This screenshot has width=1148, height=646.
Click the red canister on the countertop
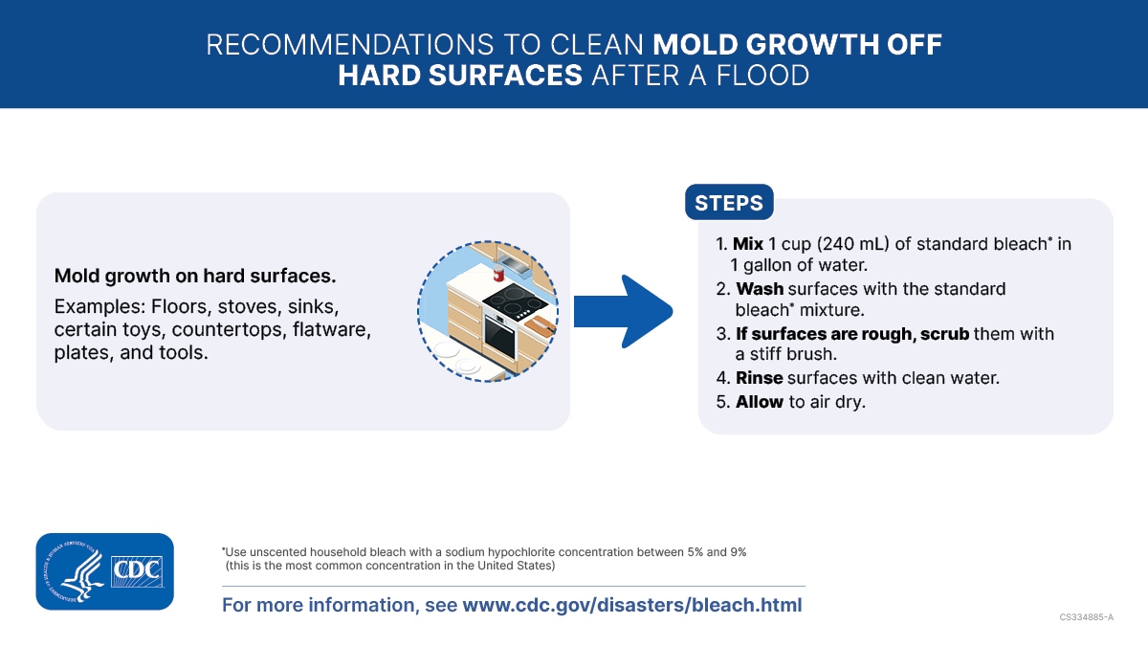click(499, 275)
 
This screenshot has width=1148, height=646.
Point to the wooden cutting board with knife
click(538, 323)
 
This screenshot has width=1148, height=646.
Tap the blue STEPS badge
click(729, 203)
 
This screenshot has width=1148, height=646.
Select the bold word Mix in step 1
click(748, 244)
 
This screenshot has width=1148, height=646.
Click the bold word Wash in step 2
click(760, 289)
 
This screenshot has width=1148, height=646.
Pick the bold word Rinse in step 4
click(760, 378)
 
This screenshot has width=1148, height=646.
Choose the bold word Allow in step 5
click(760, 402)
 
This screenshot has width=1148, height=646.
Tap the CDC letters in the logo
click(138, 571)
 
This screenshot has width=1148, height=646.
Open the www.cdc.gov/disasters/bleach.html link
click(632, 605)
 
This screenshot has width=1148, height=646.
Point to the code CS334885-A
click(1086, 617)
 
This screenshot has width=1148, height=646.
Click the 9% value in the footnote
click(736, 552)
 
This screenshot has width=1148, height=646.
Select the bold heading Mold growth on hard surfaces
click(195, 277)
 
